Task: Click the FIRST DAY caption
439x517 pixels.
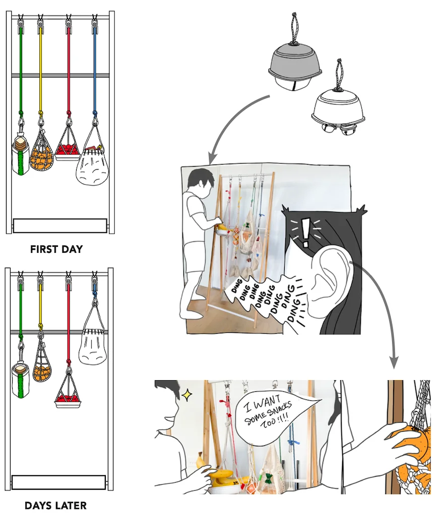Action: [x=56, y=249]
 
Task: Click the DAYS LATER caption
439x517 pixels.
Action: [x=55, y=505]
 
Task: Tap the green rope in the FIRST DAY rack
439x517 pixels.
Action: [x=20, y=69]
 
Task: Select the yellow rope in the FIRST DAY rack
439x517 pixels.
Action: [x=41, y=69]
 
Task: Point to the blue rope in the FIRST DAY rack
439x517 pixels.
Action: [x=95, y=69]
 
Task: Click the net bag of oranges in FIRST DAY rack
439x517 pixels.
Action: [x=41, y=151]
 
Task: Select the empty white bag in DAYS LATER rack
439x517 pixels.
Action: [x=92, y=346]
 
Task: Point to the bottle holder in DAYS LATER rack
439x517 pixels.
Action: [x=21, y=379]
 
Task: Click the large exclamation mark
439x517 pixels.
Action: [x=306, y=233]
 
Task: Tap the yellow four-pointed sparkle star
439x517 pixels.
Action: [x=187, y=395]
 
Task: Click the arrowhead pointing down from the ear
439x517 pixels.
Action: [x=394, y=363]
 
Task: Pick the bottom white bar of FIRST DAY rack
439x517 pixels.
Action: [x=60, y=226]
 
